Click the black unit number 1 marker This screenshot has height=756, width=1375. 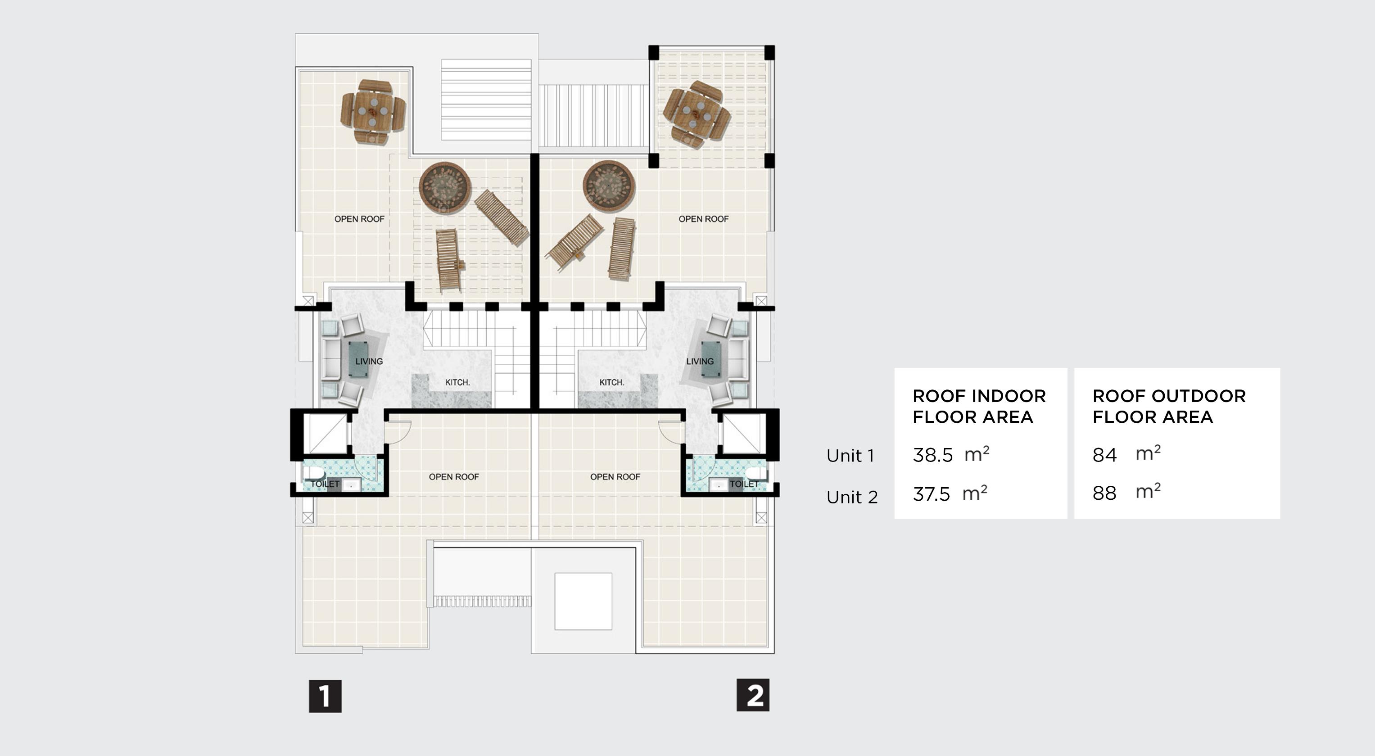click(325, 696)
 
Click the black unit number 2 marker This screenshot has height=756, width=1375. click(753, 695)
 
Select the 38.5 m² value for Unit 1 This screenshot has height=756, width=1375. click(950, 455)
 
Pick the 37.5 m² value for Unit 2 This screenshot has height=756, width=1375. click(949, 494)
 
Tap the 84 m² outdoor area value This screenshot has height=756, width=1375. click(1126, 454)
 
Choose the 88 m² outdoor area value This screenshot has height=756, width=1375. click(1126, 493)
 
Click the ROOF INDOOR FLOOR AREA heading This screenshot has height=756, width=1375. click(978, 406)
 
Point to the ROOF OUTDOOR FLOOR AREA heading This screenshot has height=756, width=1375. click(1168, 406)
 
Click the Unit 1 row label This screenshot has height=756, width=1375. click(850, 456)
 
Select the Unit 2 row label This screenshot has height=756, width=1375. click(852, 497)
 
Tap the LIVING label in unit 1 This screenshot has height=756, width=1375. click(369, 362)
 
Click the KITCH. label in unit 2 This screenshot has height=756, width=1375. click(611, 382)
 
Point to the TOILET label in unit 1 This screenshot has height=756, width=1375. click(325, 484)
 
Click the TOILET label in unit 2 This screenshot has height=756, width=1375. click(743, 484)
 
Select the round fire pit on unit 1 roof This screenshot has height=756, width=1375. click(445, 187)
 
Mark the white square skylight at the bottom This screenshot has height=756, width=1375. click(583, 601)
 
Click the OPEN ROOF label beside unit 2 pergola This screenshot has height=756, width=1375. click(703, 219)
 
